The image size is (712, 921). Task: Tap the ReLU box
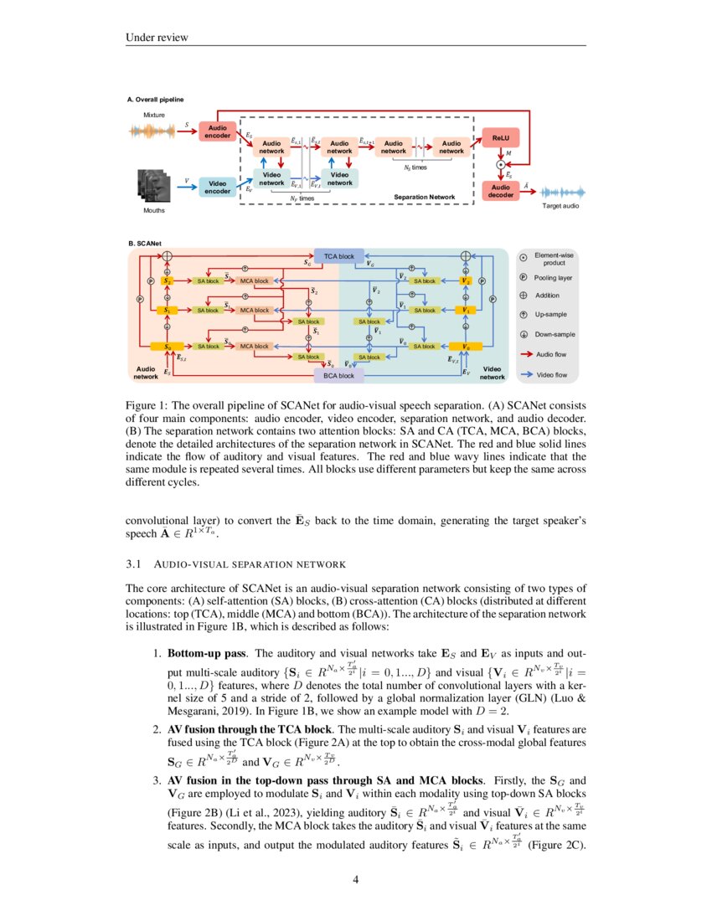coord(501,136)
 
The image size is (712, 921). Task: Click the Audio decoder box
coord(501,191)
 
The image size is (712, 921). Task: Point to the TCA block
coord(338,256)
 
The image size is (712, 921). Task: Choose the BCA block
coord(338,376)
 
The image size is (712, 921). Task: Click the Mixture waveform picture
coord(154,131)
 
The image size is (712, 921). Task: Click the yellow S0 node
coord(168,346)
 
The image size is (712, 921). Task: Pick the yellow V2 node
coord(466,281)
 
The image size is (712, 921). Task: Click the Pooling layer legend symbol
coord(524,277)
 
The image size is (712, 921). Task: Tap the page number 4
coord(355,879)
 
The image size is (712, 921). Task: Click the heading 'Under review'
coord(157,37)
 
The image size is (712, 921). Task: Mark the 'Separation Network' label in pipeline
coord(425,198)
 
